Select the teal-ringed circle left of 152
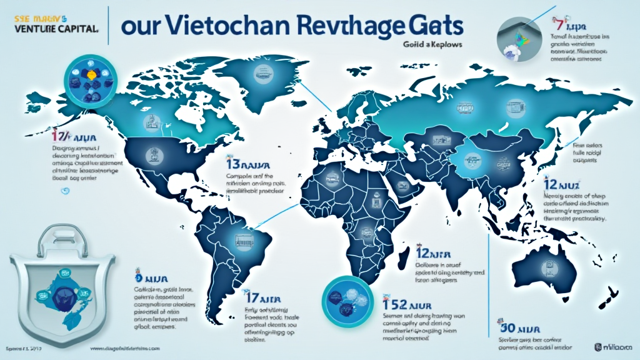coord(345,296)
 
